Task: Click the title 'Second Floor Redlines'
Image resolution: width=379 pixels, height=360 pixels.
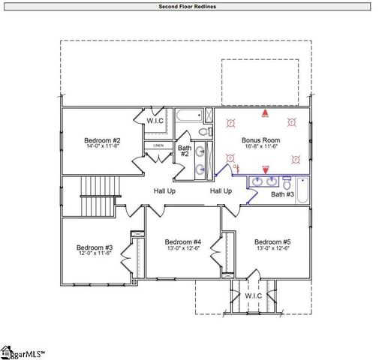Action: tap(188, 7)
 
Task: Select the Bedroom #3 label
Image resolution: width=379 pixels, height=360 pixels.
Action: tap(95, 247)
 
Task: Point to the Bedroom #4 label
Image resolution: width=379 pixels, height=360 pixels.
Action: tap(183, 241)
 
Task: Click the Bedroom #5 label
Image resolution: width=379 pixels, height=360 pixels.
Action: tap(272, 241)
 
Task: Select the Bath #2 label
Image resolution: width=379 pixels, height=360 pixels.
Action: tap(184, 150)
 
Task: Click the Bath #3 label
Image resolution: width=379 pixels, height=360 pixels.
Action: tap(282, 194)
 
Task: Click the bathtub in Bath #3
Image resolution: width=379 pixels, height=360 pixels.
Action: tap(302, 190)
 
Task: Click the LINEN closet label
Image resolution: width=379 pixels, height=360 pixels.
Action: tap(158, 145)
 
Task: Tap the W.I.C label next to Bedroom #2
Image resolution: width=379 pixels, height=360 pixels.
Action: tap(155, 120)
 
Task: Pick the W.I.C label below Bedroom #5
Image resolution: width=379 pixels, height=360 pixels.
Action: tap(254, 295)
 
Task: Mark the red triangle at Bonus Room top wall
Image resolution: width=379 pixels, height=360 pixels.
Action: tap(264, 112)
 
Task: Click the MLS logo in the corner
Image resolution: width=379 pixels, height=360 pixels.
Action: tap(23, 351)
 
